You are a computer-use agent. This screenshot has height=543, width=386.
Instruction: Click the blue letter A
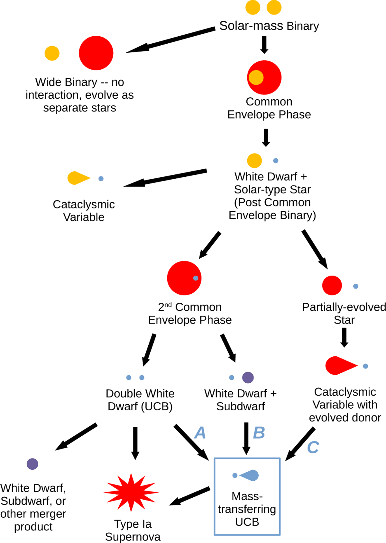(200, 433)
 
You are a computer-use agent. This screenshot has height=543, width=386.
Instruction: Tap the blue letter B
(259, 433)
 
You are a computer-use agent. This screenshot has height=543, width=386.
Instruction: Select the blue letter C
(313, 447)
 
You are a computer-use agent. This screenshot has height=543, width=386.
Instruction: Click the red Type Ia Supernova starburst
(131, 492)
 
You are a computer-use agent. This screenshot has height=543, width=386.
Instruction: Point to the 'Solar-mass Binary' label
(269, 26)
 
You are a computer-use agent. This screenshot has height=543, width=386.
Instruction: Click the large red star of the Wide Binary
(96, 53)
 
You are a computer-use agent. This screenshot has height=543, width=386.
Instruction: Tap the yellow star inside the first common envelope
(256, 77)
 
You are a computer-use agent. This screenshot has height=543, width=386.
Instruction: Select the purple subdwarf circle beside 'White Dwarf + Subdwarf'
(248, 377)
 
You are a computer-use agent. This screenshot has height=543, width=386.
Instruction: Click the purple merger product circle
(32, 464)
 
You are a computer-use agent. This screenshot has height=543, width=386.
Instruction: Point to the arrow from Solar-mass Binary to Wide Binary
(170, 40)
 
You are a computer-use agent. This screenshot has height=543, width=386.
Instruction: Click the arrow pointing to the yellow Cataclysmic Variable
(165, 178)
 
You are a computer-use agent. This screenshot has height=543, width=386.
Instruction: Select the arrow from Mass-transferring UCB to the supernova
(190, 496)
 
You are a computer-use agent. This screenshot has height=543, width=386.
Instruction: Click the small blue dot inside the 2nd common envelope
(196, 278)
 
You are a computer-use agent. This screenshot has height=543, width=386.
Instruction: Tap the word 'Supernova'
(133, 537)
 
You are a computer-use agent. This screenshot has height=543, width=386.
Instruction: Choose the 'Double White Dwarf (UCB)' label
(140, 400)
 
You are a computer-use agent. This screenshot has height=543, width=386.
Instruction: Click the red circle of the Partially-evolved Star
(332, 285)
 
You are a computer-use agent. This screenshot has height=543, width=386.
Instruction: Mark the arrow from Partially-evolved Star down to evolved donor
(344, 337)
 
